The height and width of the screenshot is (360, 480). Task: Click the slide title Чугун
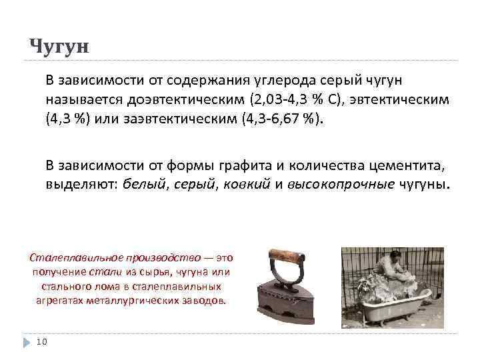click(x=59, y=46)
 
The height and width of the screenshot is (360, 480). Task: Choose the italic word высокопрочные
click(x=341, y=184)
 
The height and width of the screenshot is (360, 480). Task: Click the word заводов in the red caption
click(x=207, y=301)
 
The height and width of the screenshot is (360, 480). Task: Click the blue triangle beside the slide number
click(x=26, y=342)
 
